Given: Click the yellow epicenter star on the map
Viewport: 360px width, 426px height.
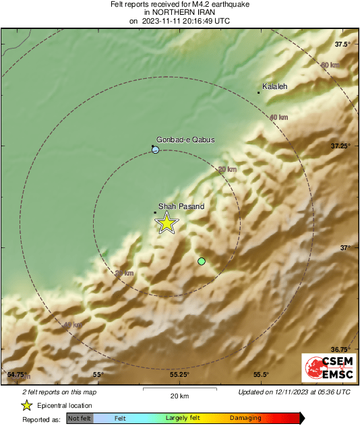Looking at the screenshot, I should [x=166, y=222].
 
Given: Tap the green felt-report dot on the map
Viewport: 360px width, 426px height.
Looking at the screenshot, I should [x=201, y=261].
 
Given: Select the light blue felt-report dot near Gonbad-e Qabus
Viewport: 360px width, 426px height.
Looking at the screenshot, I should [x=156, y=150].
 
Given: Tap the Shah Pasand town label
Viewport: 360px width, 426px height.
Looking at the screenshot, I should [x=181, y=206].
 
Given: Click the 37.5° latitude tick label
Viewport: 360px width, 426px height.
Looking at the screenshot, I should [x=342, y=44].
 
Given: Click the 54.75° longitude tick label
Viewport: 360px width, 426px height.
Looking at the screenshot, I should [x=17, y=374].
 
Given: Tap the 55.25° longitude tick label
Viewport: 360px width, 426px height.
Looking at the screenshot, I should [x=179, y=374].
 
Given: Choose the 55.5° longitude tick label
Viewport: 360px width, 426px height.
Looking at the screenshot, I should [x=261, y=374].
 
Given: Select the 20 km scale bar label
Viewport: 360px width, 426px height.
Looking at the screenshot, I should [x=179, y=395].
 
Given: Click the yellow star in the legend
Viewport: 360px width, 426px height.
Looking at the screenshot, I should [x=26, y=405].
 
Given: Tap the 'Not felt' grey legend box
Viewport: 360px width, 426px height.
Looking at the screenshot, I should [x=80, y=419].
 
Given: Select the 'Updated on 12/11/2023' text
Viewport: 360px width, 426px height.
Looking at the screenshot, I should [x=294, y=392].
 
